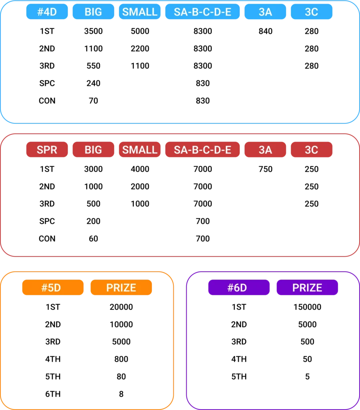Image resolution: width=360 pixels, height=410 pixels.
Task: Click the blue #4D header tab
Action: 47,12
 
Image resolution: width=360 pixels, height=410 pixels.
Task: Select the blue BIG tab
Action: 93,12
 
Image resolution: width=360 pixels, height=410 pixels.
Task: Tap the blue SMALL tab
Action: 140,12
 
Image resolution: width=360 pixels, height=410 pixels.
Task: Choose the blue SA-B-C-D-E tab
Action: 203,12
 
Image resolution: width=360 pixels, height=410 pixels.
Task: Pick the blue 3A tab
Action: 265,12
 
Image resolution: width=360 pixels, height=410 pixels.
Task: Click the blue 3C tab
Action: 311,12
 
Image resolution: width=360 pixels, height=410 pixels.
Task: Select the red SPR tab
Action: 47,150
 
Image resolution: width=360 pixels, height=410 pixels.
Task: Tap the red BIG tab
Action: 93,150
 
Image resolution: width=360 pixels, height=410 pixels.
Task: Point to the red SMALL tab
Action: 140,150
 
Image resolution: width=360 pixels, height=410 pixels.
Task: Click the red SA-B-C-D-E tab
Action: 203,150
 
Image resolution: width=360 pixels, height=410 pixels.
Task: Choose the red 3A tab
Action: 265,150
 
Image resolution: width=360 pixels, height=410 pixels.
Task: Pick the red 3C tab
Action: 311,150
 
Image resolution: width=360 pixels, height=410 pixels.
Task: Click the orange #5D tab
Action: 53,288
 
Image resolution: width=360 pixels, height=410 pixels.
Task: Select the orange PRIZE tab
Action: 121,288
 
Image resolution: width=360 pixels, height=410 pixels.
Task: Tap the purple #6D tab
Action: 239,288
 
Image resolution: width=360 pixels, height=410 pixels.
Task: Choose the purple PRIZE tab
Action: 307,288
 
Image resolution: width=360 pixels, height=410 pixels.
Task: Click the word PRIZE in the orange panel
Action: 121,288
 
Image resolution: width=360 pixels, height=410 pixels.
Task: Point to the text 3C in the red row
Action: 311,150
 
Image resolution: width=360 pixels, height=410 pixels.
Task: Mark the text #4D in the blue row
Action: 47,12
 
